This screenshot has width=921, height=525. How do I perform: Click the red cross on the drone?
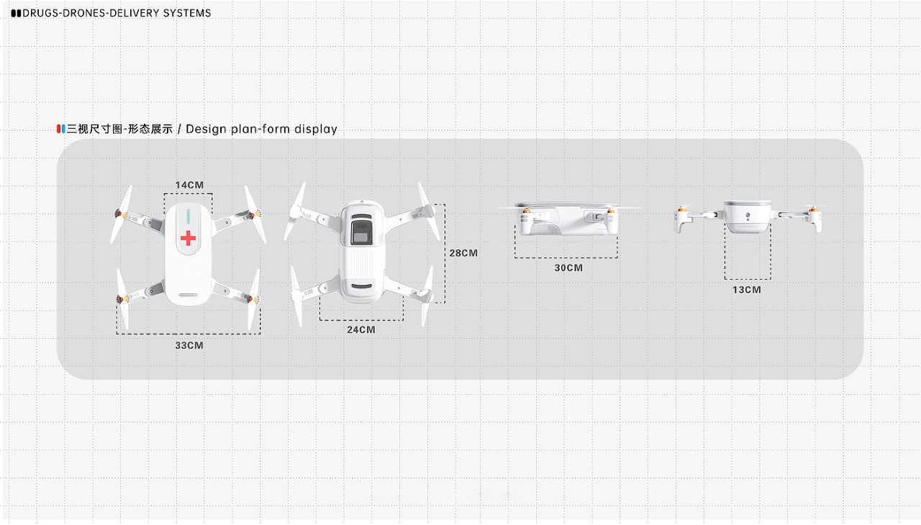coord(188,238)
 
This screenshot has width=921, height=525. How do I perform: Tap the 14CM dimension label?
coord(189,185)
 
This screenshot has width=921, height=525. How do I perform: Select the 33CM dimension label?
coord(189,345)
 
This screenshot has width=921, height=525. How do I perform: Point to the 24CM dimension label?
coord(361,329)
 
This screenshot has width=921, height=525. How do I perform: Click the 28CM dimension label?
coord(463,253)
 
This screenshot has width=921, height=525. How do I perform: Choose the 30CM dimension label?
coord(568,268)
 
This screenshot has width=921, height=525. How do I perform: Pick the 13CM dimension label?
coord(747,290)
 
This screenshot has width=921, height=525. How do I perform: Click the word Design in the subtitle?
coord(207,129)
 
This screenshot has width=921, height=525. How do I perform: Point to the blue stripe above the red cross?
coord(188,215)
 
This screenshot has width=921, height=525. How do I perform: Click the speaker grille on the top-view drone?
coord(188,295)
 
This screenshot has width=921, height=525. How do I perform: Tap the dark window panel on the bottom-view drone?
coord(361,234)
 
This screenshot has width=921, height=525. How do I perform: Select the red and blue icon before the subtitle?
coord(61,129)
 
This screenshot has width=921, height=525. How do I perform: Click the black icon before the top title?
coord(16,13)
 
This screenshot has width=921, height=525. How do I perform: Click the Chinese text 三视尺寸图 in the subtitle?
coord(94,129)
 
